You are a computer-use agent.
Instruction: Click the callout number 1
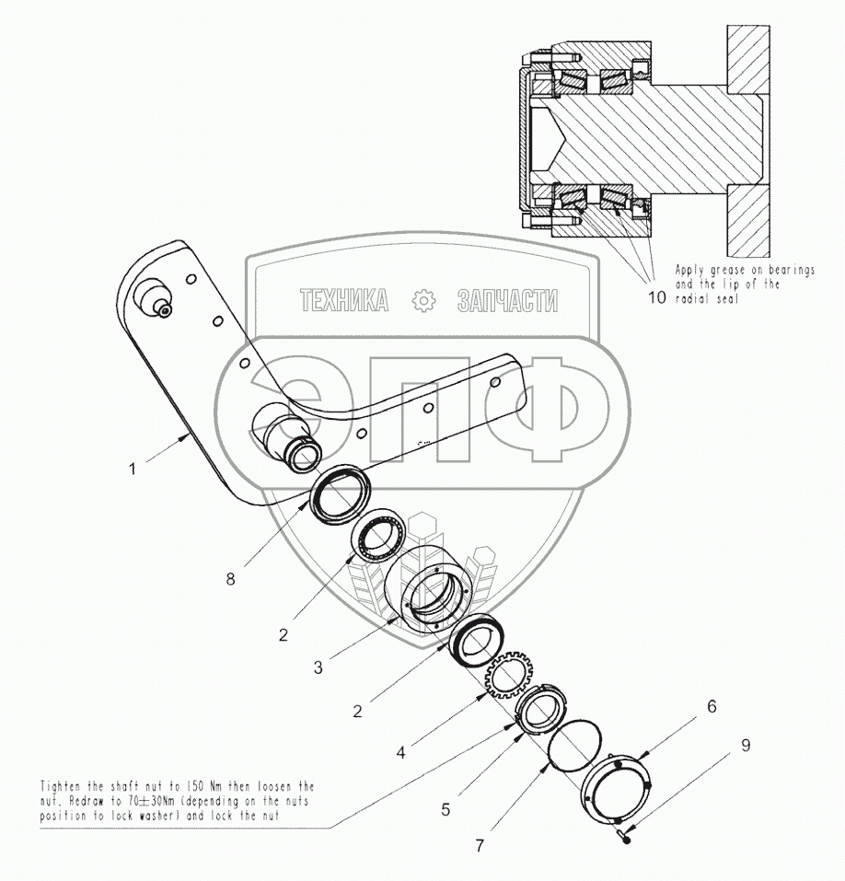click(133, 468)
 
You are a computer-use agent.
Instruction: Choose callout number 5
click(446, 810)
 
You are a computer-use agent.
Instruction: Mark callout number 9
click(745, 745)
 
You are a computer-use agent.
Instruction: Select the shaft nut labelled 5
click(539, 709)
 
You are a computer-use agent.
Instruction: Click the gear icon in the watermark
click(422, 301)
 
